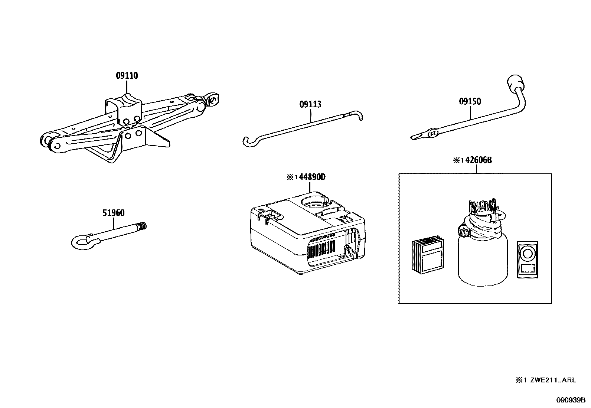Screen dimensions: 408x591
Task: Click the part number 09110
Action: (127, 76)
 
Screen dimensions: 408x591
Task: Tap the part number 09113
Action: (310, 104)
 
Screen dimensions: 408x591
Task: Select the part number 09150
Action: (470, 101)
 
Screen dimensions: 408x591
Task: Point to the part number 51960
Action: (113, 213)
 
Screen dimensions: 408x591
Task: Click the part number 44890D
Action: (312, 177)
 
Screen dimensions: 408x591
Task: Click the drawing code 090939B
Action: (570, 400)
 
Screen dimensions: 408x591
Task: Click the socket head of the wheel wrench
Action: (515, 81)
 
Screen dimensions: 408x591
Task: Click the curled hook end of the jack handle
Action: (248, 141)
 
